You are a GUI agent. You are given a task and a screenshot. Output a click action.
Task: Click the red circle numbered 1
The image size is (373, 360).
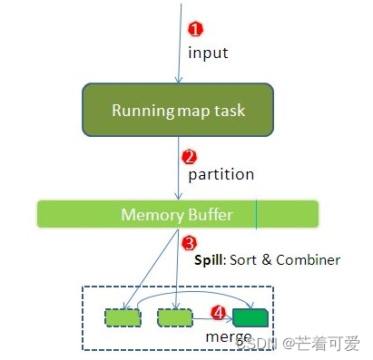pyautogui.click(x=193, y=30)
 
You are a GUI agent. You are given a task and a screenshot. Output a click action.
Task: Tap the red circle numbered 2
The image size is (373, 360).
pyautogui.click(x=190, y=156)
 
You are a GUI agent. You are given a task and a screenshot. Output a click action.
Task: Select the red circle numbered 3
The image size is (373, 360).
pyautogui.click(x=189, y=243)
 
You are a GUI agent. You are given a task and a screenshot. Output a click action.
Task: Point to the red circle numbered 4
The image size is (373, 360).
pyautogui.click(x=218, y=312)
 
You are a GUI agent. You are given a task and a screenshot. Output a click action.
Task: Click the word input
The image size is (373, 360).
pyautogui.click(x=208, y=53)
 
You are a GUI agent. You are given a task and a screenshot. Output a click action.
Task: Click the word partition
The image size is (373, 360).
pyautogui.click(x=221, y=173)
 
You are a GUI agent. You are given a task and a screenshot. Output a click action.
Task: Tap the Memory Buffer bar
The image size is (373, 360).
pyautogui.click(x=177, y=215)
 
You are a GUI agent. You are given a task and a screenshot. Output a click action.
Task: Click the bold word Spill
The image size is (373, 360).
pyautogui.click(x=211, y=260)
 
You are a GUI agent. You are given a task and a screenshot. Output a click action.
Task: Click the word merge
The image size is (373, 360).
pyautogui.click(x=228, y=336)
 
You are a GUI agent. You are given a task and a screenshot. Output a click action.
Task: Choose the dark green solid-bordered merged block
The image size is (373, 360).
pyautogui.click(x=251, y=317)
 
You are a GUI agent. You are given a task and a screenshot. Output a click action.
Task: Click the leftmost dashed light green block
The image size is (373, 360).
pyautogui.click(x=123, y=317)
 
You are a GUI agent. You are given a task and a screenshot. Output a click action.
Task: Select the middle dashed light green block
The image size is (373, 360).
pyautogui.click(x=174, y=317)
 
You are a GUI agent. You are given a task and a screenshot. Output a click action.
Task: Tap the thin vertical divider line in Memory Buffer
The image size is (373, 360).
pyautogui.click(x=256, y=215)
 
